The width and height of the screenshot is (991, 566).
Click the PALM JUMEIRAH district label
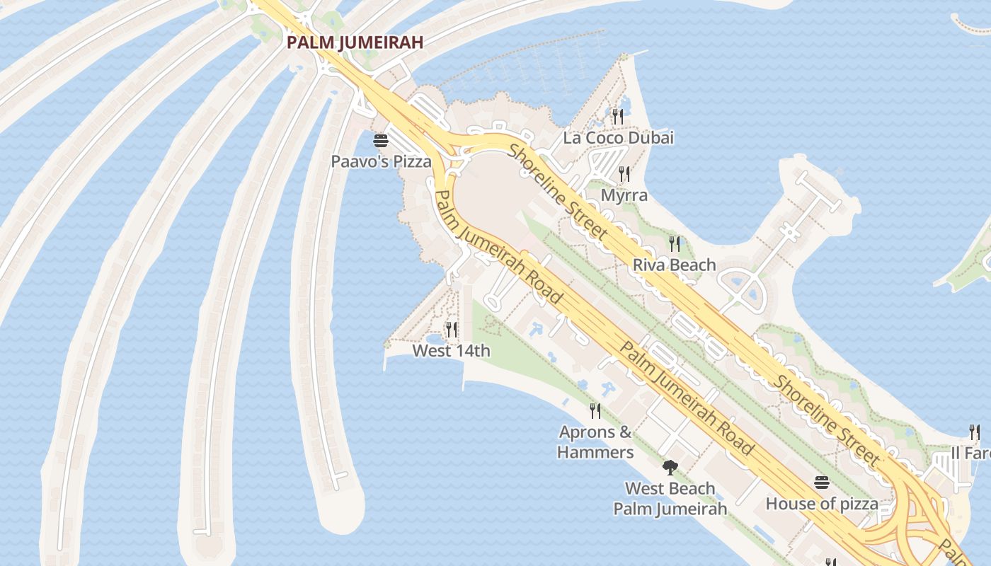click(x=355, y=42)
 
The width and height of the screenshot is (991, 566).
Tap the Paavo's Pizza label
click(x=381, y=161)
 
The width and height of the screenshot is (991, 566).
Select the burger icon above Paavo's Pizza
click(x=381, y=140)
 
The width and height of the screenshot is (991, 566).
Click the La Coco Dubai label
click(x=618, y=138)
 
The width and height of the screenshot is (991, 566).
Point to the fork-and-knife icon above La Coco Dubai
click(x=618, y=116)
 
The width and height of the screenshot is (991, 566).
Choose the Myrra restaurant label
click(x=624, y=195)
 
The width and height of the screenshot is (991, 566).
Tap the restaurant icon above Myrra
click(x=624, y=173)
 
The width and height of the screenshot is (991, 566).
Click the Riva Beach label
click(x=674, y=265)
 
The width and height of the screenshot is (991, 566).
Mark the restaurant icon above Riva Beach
click(x=675, y=244)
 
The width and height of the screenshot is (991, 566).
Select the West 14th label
click(x=451, y=350)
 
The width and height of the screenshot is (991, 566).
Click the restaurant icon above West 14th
click(x=452, y=329)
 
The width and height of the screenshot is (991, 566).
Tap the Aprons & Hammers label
click(x=595, y=442)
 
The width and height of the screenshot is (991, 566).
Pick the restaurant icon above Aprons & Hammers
click(x=595, y=410)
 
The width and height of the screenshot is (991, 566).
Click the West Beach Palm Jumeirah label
click(x=670, y=498)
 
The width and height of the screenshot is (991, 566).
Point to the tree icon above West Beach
click(x=670, y=468)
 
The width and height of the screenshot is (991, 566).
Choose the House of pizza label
click(x=822, y=504)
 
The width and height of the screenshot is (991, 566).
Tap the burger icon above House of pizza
click(x=822, y=483)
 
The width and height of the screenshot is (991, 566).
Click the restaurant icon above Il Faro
click(x=975, y=432)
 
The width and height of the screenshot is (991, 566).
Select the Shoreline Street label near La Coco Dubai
click(x=558, y=191)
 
